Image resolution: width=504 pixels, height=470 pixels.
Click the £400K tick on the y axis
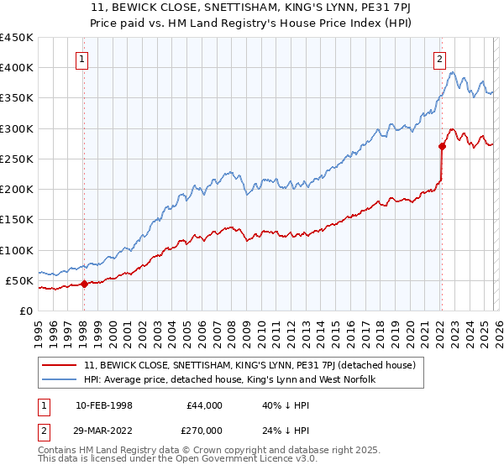tap(17, 68)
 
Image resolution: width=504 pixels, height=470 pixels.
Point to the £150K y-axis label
tap(17, 220)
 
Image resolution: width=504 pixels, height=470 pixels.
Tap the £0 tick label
tap(25, 311)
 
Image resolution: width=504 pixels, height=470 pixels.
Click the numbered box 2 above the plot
tap(439, 59)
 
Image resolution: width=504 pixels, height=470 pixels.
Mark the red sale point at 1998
tap(84, 284)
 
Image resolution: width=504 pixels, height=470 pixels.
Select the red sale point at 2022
tap(442, 146)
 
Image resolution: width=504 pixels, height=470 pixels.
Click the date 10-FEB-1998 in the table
tap(102, 405)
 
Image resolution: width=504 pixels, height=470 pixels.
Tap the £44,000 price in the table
tap(203, 405)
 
